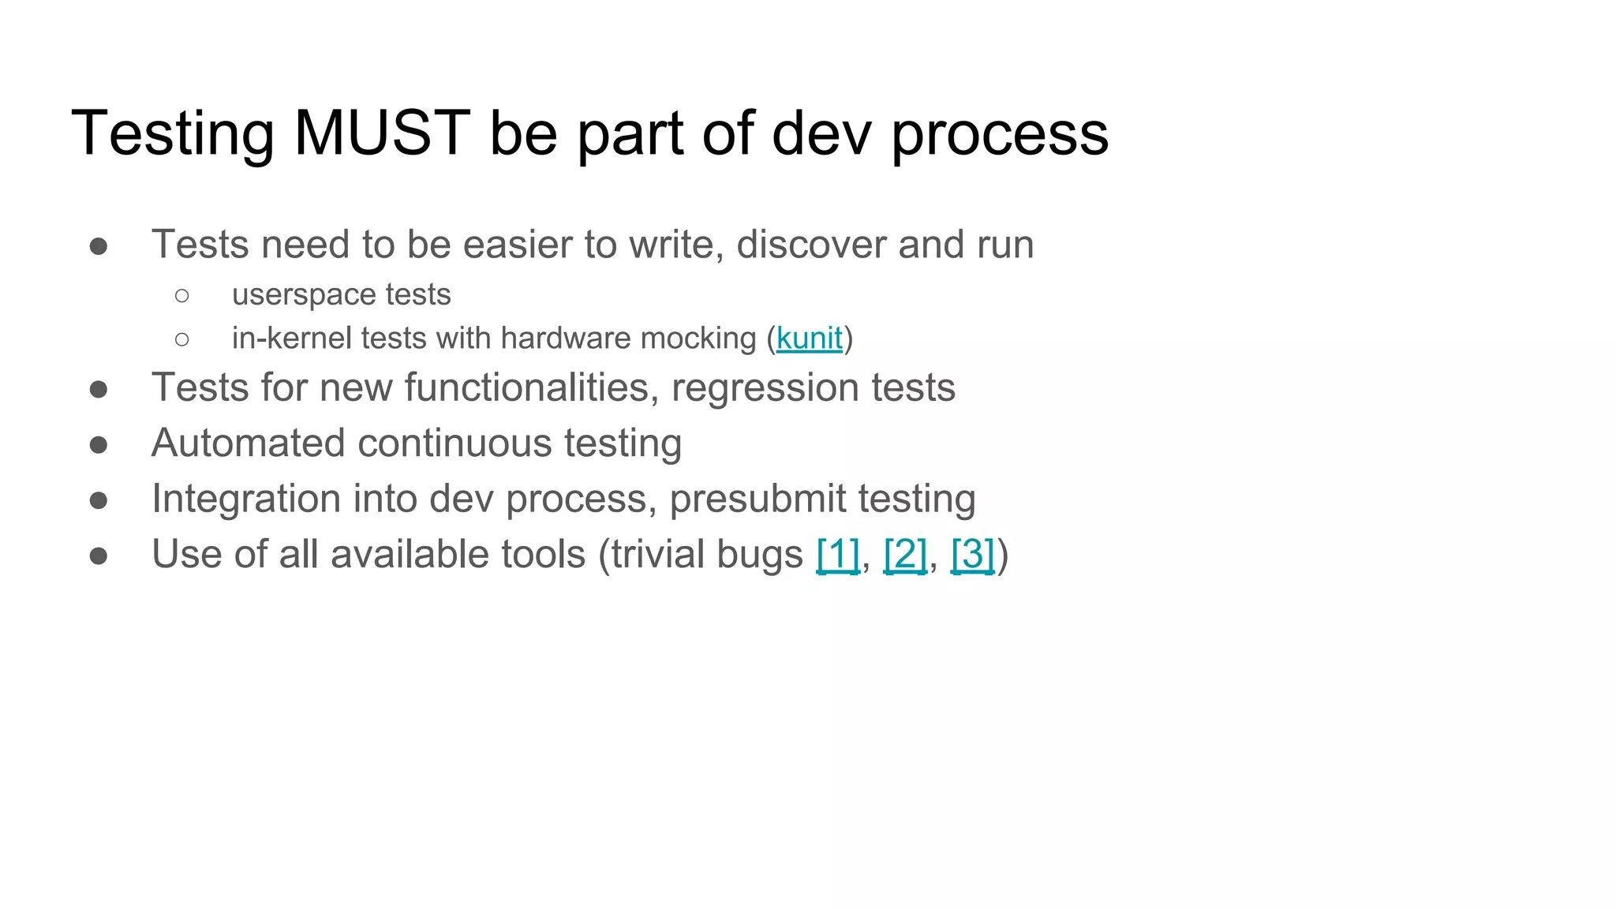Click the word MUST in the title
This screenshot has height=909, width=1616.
[382, 133]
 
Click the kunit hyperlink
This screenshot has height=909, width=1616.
[809, 339]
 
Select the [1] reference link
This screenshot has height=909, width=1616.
[837, 554]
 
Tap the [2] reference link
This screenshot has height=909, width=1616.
[905, 554]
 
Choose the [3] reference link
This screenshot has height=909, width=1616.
[972, 554]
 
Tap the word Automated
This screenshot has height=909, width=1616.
[248, 443]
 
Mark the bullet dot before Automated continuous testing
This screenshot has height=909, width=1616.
[99, 445]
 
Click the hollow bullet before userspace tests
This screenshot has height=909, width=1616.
[182, 296]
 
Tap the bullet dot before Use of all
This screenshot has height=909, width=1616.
[99, 556]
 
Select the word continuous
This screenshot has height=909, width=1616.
[454, 443]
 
